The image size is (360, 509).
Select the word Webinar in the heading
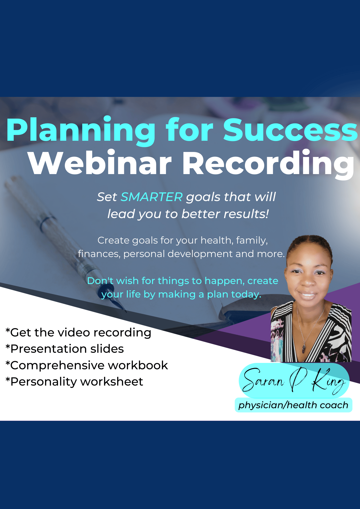click(x=100, y=163)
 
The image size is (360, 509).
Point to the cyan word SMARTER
click(x=151, y=197)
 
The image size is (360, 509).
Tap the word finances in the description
click(x=99, y=254)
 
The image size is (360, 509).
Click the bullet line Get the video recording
click(x=78, y=333)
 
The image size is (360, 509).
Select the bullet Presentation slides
click(x=65, y=349)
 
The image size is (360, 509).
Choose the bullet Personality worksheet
click(x=74, y=382)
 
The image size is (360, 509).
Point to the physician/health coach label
click(x=293, y=405)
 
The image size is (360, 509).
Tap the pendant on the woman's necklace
click(x=304, y=348)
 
